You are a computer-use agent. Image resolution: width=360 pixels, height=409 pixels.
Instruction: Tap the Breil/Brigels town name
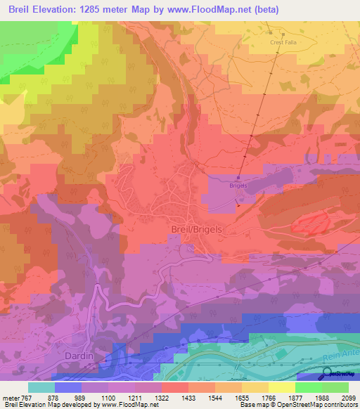point(197,229)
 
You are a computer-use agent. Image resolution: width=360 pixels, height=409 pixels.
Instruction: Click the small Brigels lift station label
point(238,186)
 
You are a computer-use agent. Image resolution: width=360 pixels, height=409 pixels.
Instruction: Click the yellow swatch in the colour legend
point(281,388)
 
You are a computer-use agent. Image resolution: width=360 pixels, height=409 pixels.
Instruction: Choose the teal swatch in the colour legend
point(41,388)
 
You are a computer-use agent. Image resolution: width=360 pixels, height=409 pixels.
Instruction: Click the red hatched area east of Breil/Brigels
point(311,223)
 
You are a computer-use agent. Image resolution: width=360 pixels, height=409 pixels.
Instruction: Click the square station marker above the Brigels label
point(238,177)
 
